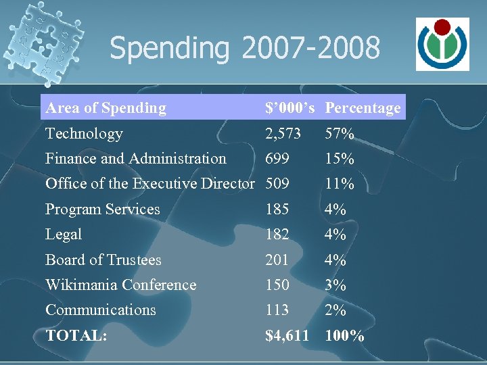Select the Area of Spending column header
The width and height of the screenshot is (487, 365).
[106, 108]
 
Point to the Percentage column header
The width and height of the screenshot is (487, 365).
[363, 108]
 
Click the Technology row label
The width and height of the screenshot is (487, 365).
[84, 134]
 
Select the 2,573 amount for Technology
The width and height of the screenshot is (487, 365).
[283, 134]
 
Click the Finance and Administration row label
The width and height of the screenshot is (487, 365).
[135, 159]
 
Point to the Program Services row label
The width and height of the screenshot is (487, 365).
[103, 210]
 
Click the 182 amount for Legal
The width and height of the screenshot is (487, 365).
[277, 235]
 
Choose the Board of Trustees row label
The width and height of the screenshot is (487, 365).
[103, 260]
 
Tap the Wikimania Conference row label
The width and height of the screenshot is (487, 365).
[120, 285]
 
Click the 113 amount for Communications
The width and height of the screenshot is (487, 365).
[277, 310]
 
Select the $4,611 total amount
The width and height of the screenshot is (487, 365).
[287, 335]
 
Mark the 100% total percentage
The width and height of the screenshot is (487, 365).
[345, 335]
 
